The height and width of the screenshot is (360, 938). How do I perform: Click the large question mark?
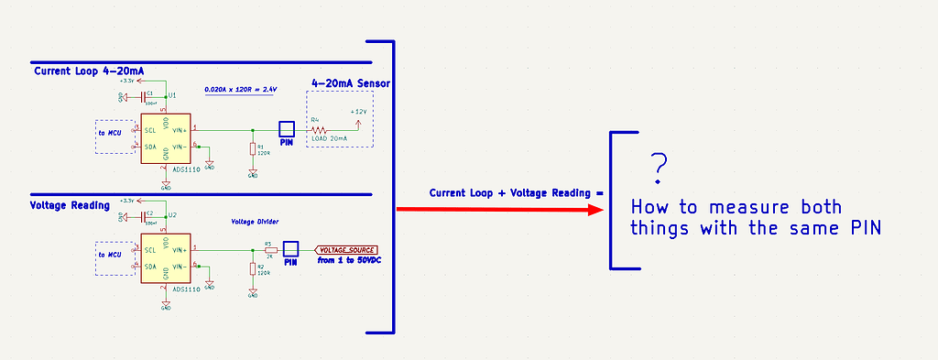click(658, 167)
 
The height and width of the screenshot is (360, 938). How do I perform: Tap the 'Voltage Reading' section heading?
click(71, 205)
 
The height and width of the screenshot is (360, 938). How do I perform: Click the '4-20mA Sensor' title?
click(351, 83)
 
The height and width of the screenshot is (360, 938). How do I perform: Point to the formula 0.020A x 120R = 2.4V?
click(240, 89)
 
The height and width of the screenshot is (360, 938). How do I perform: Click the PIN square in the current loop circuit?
click(287, 130)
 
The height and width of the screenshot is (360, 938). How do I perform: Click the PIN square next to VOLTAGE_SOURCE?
click(291, 249)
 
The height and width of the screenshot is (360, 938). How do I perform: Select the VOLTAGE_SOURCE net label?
click(346, 249)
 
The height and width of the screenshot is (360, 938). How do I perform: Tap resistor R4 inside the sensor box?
click(318, 130)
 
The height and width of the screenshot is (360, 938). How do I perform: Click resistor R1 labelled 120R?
click(253, 149)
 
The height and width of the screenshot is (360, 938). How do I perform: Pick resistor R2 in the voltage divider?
click(253, 268)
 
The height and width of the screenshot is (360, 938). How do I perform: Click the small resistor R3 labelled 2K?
click(269, 250)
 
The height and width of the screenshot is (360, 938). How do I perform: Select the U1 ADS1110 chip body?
click(166, 138)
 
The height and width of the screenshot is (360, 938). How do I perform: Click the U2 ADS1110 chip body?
click(166, 257)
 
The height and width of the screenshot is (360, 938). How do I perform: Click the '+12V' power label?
click(358, 111)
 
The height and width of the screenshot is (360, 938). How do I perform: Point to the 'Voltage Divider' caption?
click(255, 222)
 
